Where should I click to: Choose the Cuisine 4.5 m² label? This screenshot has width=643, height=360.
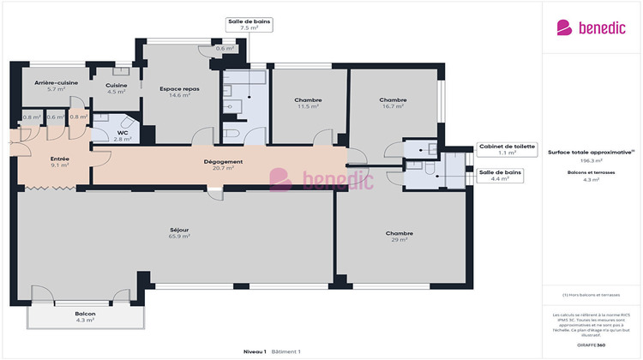pyautogui.click(x=117, y=88)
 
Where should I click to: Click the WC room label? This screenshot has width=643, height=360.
pyautogui.click(x=123, y=135)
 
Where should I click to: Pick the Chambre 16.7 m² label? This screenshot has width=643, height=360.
pyautogui.click(x=393, y=103)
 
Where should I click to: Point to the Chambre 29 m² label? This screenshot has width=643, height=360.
pyautogui.click(x=399, y=236)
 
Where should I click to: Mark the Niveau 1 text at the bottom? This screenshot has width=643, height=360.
pyautogui.click(x=254, y=351)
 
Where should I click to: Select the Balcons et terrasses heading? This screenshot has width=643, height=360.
pyautogui.click(x=592, y=172)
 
